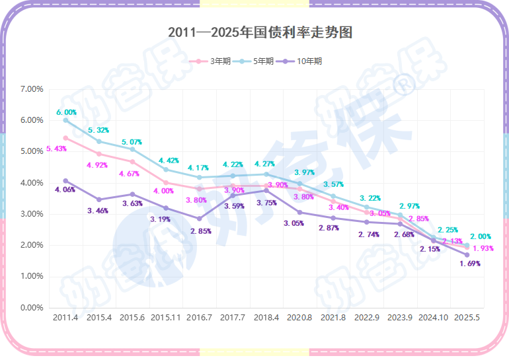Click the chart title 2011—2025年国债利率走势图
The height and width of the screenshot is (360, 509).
click(259, 32)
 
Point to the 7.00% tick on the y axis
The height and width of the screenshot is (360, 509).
click(32, 89)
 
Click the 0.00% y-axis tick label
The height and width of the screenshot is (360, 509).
click(32, 308)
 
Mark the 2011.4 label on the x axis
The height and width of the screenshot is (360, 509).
click(65, 318)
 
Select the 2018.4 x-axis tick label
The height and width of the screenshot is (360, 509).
click(266, 318)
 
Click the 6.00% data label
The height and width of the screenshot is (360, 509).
click(66, 112)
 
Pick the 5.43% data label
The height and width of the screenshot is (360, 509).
click(56, 149)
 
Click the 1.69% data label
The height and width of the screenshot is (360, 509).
click(470, 264)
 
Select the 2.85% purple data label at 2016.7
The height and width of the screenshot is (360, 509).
click(200, 231)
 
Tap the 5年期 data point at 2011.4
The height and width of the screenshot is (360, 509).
click(65, 120)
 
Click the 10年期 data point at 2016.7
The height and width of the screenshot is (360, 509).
click(199, 219)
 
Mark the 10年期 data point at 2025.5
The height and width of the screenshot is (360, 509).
click(467, 255)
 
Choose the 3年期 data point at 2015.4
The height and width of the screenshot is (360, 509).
click(99, 154)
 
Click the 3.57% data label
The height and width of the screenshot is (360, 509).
click(333, 184)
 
